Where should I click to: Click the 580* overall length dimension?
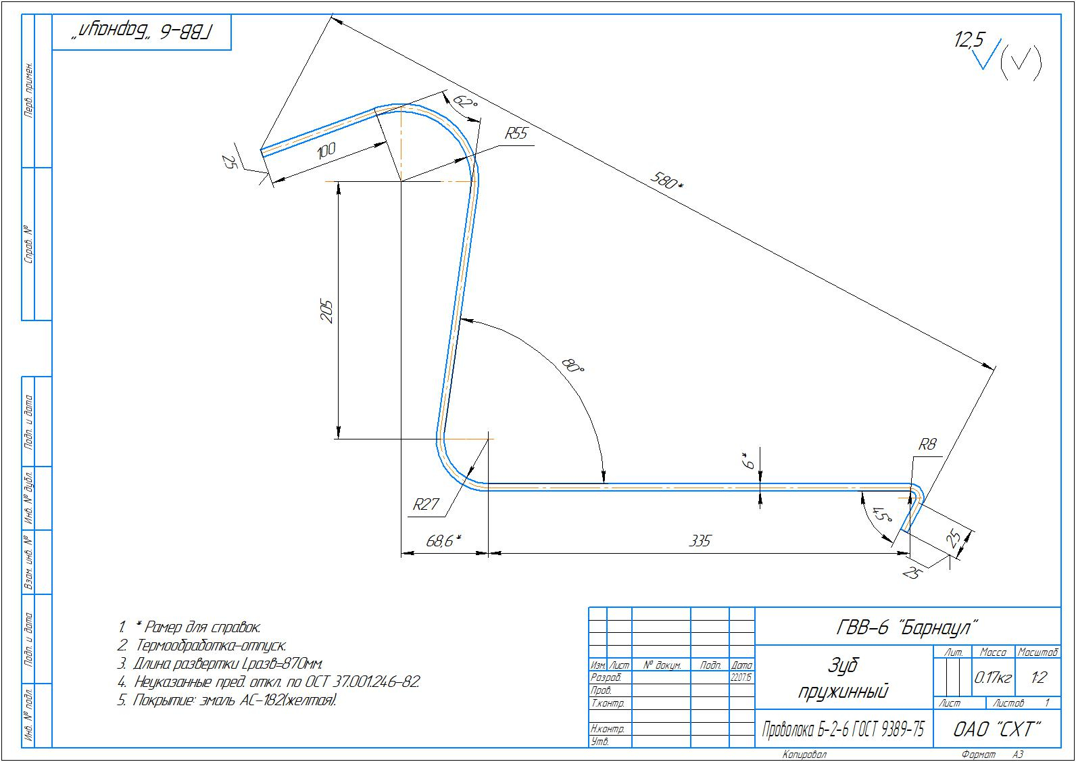pyautogui.click(x=666, y=181)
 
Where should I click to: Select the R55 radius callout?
pyautogui.click(x=516, y=133)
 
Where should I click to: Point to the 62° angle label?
pyautogui.click(x=466, y=103)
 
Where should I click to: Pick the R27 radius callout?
pyautogui.click(x=426, y=504)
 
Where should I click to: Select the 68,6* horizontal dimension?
pyautogui.click(x=443, y=541)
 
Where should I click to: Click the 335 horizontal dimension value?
pyautogui.click(x=700, y=541)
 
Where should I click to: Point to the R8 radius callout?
pyautogui.click(x=927, y=444)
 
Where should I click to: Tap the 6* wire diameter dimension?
pyautogui.click(x=748, y=461)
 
